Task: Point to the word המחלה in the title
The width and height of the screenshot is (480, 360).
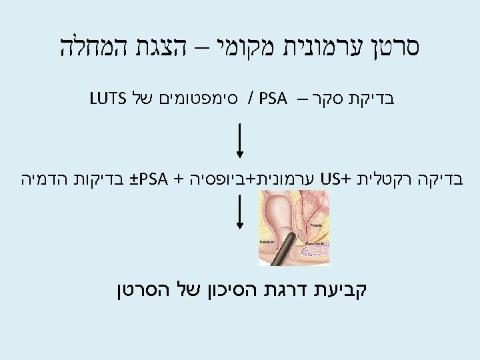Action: [84, 49]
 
